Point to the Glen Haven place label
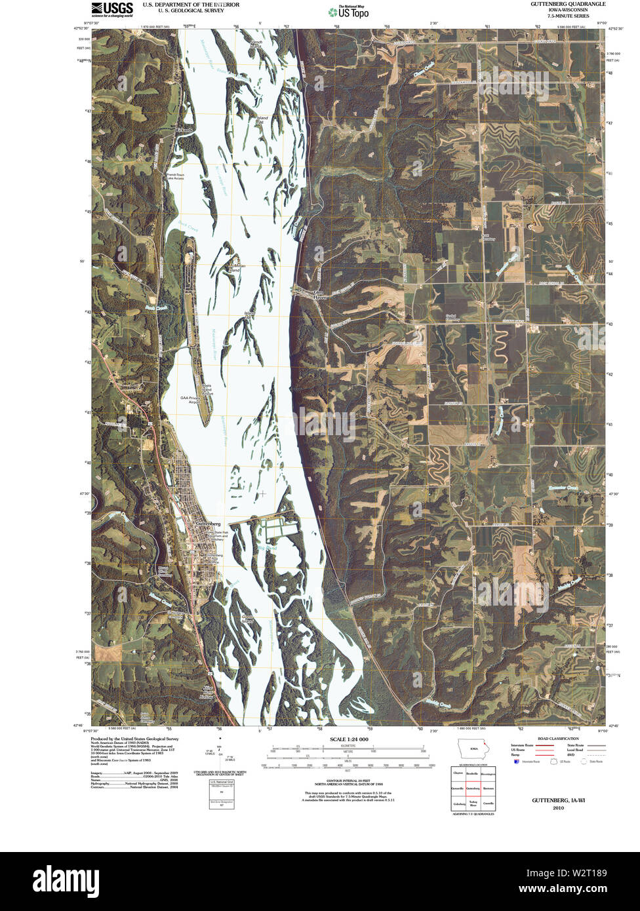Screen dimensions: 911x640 click(319, 294)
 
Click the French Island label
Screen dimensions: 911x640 click(256, 44)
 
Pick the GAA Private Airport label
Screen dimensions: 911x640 click(190, 400)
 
